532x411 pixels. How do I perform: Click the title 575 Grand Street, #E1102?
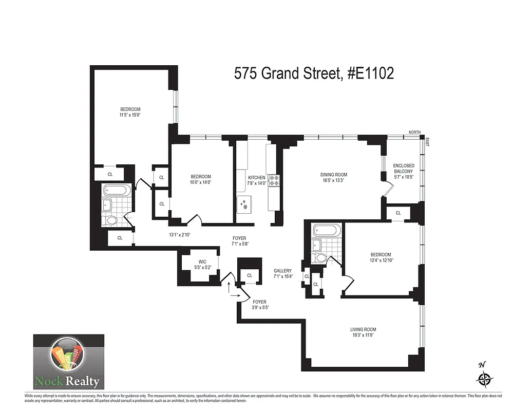314,73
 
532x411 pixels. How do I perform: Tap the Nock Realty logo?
69,362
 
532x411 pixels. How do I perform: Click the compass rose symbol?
484,379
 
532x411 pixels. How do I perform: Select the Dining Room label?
334,177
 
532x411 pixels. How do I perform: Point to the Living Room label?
363,332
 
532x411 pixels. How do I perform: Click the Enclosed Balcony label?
403,171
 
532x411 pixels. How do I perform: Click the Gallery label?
282,273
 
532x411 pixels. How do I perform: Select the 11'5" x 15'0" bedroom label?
130,112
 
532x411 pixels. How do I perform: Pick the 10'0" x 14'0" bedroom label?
200,179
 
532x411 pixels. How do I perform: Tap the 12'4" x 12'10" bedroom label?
381,258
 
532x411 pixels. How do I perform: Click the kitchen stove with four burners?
274,180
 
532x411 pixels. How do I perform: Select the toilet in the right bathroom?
320,258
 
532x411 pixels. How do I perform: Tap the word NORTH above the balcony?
414,133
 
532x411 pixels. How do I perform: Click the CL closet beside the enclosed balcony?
398,213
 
